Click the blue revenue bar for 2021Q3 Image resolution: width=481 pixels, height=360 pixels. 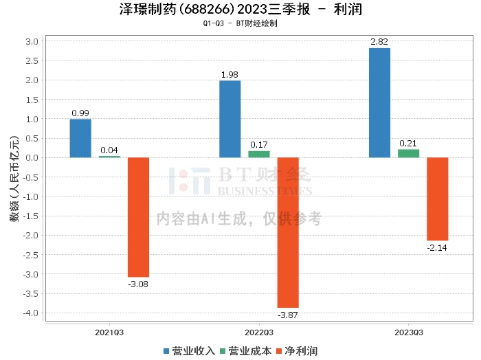(x=80, y=138)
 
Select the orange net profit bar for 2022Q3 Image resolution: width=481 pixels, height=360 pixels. (x=288, y=232)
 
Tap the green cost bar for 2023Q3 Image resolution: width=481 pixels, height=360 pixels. (x=408, y=154)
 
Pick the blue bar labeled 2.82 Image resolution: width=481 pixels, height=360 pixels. (x=379, y=103)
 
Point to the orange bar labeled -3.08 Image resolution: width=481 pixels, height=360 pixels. (x=138, y=217)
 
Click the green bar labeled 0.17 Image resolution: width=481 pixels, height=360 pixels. (x=259, y=155)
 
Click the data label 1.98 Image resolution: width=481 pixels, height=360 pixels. (x=230, y=74)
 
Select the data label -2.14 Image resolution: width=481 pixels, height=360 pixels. (x=437, y=248)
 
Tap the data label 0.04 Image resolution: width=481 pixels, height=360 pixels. (x=109, y=150)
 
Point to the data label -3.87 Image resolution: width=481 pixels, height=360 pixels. (x=288, y=315)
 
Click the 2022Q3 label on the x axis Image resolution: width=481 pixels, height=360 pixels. (x=259, y=333)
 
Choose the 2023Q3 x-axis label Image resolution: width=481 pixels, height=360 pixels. (x=409, y=333)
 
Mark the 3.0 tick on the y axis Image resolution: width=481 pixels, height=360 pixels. (x=32, y=41)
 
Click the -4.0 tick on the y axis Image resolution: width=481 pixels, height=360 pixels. (x=31, y=313)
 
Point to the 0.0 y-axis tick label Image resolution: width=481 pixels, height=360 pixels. (x=32, y=157)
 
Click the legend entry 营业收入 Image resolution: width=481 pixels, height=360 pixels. (x=189, y=351)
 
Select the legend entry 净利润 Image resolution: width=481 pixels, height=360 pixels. (x=297, y=351)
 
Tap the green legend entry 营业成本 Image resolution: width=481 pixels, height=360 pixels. (x=246, y=351)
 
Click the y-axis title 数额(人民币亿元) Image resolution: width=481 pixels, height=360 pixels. (x=14, y=179)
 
